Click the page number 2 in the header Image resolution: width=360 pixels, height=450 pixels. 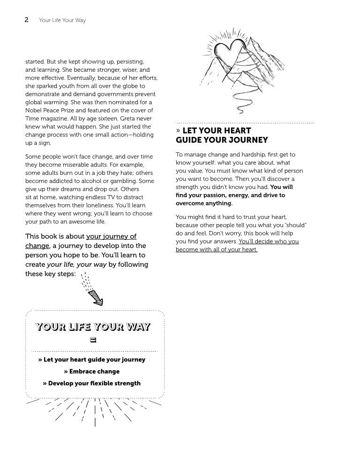[x=26, y=20]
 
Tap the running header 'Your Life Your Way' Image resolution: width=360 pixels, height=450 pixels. [x=62, y=21]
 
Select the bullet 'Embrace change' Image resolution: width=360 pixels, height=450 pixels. [x=92, y=371]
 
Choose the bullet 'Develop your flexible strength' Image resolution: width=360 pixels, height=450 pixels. [x=92, y=383]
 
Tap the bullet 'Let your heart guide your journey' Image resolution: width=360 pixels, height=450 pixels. [x=92, y=360]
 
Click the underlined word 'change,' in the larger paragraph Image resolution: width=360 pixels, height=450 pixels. [x=37, y=246]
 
